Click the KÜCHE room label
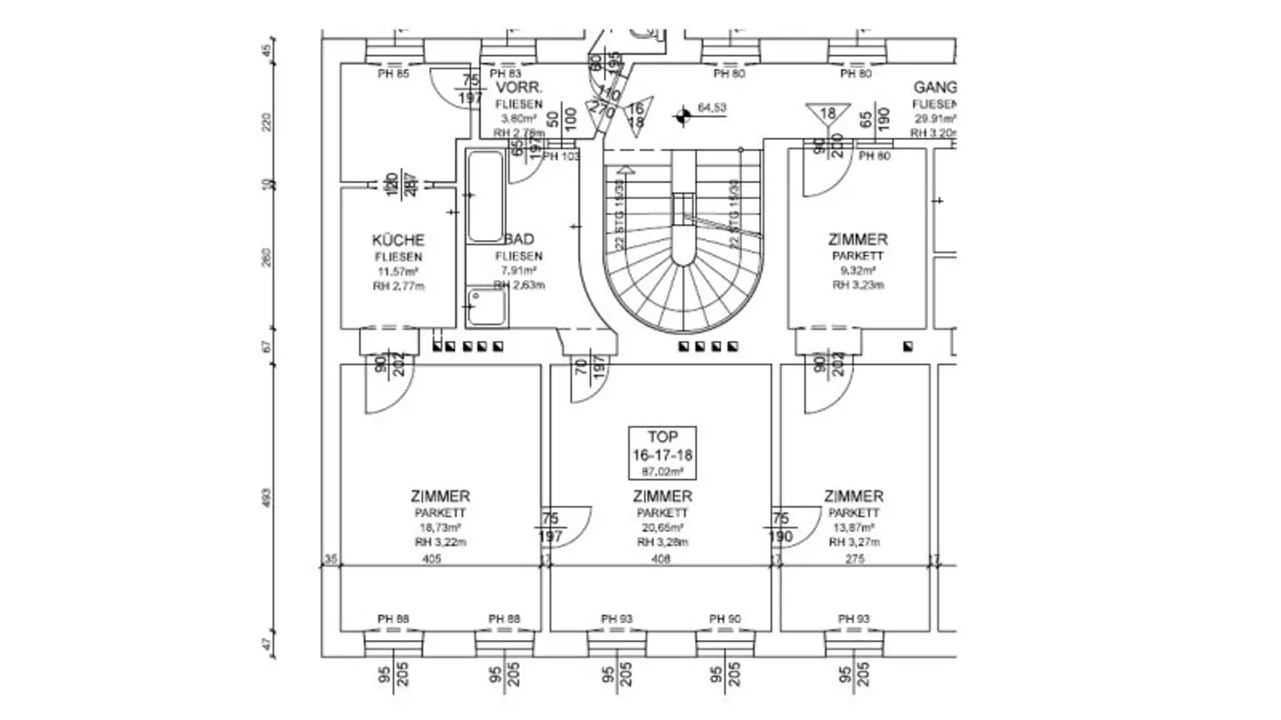[x=398, y=240]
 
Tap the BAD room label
[x=519, y=240]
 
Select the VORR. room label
[x=519, y=87]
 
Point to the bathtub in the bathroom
[x=485, y=196]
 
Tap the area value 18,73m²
[x=440, y=527]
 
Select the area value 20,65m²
[x=662, y=527]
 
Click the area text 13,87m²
[x=853, y=527]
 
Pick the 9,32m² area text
[x=857, y=271]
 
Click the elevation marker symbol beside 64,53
[x=683, y=115]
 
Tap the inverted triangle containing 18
[x=827, y=114]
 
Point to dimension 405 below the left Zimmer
[x=431, y=559]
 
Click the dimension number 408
[x=661, y=559]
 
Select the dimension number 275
[x=855, y=559]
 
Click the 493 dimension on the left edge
[x=267, y=498]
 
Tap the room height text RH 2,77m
[x=398, y=286]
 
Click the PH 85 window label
[x=394, y=74]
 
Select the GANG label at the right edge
[x=935, y=87]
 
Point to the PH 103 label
[x=561, y=157]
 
